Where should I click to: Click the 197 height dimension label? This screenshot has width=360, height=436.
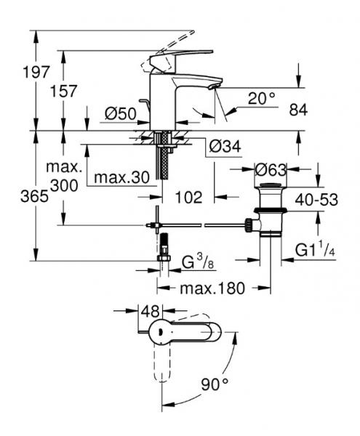[x=36, y=72]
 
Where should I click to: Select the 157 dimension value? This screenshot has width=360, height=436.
[x=63, y=92]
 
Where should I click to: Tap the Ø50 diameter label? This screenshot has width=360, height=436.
[x=121, y=114]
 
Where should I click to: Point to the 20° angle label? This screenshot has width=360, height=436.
[x=262, y=98]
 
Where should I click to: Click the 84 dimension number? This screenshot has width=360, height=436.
[x=298, y=110]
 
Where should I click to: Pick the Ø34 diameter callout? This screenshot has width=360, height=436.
[x=225, y=146]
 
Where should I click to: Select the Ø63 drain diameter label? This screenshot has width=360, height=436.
[x=271, y=170]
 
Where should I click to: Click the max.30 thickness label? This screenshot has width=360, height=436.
[x=122, y=177]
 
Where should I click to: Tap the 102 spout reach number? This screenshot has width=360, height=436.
[x=188, y=198]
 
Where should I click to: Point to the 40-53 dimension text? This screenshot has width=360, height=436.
[x=316, y=199]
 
